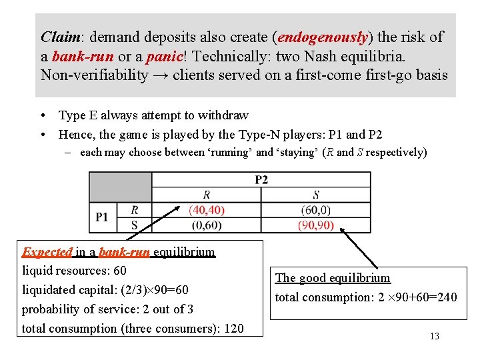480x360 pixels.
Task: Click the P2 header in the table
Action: tap(261, 179)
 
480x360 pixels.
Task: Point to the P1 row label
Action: tap(102, 217)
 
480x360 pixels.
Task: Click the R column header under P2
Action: tap(207, 195)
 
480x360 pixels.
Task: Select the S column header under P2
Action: tap(315, 195)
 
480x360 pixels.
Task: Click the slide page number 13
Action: tap(435, 336)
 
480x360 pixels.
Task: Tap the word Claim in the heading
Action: tap(59, 37)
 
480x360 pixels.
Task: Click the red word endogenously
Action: tap(323, 37)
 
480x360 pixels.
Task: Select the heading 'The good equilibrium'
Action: tap(333, 278)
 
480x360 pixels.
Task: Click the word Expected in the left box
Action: tap(47, 252)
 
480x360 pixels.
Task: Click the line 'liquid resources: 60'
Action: tap(74, 271)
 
